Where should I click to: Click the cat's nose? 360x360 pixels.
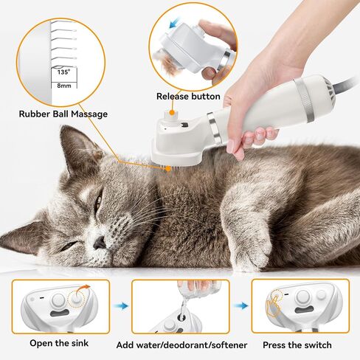pyautogui.click(x=100, y=242)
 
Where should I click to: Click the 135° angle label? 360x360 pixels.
pyautogui.click(x=63, y=72)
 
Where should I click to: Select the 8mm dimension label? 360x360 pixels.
pyautogui.click(x=64, y=86)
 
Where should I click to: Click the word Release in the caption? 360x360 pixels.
pyautogui.click(x=173, y=97)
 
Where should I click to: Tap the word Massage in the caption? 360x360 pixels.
pyautogui.click(x=89, y=114)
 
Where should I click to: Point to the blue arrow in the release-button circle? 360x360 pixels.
pyautogui.click(x=175, y=23)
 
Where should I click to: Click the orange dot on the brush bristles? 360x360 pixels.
pyautogui.click(x=168, y=169)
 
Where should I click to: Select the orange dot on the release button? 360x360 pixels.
pyautogui.click(x=173, y=113)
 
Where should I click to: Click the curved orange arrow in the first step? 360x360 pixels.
pyautogui.click(x=82, y=290)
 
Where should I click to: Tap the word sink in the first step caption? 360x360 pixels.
pyautogui.click(x=80, y=343)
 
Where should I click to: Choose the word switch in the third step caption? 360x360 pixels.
pyautogui.click(x=317, y=345)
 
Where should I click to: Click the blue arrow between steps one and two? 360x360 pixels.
pyautogui.click(x=121, y=306)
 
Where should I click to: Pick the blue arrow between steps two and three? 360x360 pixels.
pyautogui.click(x=240, y=306)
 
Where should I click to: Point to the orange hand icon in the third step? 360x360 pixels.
pyautogui.click(x=273, y=306)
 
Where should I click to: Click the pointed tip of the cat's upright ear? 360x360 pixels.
pyautogui.click(x=62, y=126)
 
